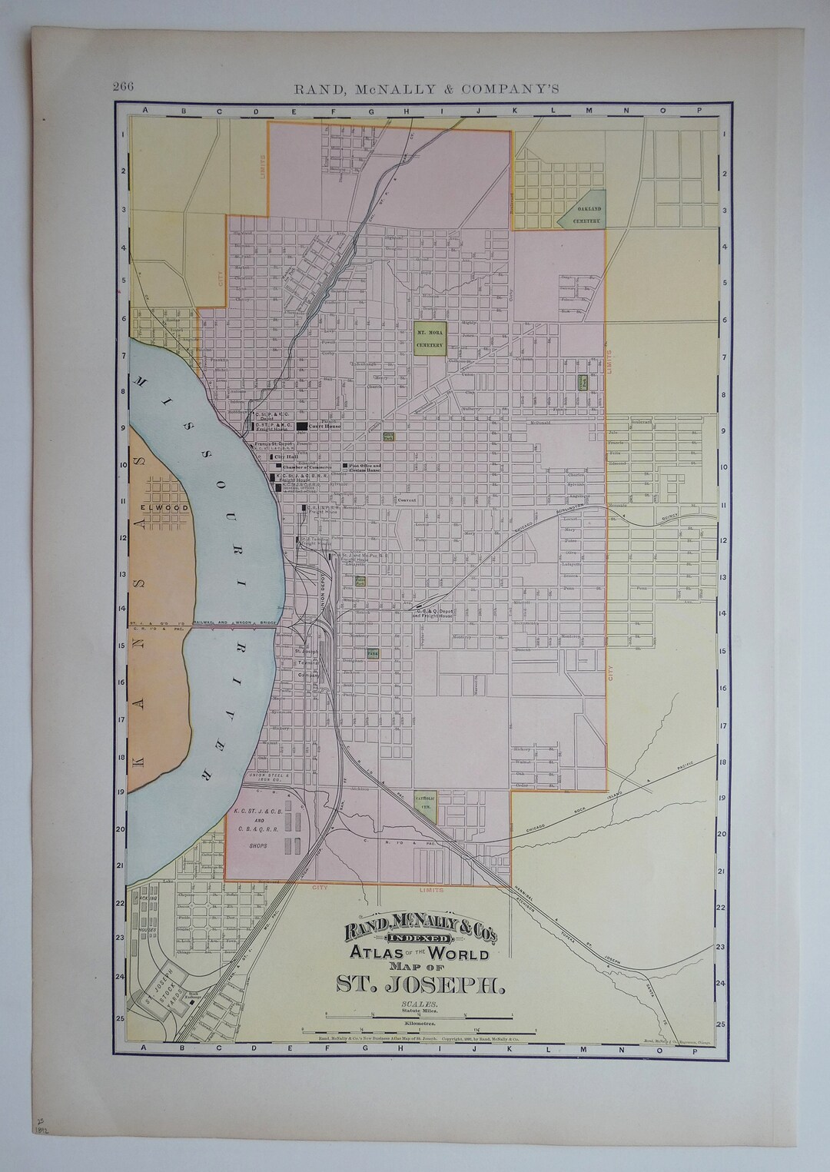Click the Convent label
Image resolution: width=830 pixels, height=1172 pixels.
coord(407,500)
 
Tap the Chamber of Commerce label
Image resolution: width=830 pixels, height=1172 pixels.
coord(306,466)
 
